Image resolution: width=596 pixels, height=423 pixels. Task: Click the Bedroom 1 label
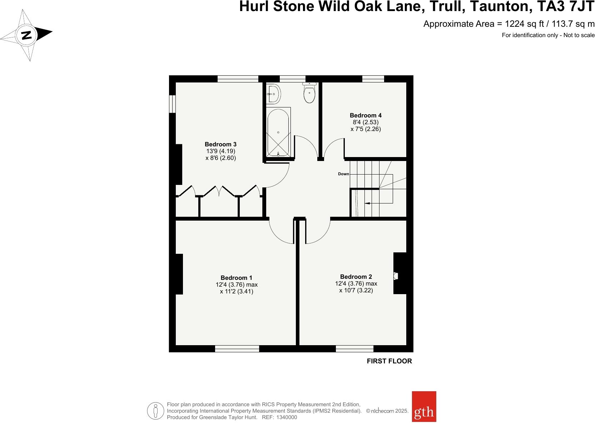[236, 278]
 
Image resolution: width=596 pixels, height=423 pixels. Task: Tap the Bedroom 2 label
[356, 277]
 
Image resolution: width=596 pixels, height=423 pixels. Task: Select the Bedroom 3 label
[220, 144]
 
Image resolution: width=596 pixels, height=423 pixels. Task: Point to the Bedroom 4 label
[366, 115]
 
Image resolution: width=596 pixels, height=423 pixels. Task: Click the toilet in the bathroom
[309, 94]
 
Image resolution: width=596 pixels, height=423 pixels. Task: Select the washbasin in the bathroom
[274, 94]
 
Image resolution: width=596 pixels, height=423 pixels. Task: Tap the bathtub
[278, 132]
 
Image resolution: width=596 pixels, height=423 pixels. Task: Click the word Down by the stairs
[343, 174]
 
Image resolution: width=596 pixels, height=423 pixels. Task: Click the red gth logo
[424, 406]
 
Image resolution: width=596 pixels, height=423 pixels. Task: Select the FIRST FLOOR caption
[389, 361]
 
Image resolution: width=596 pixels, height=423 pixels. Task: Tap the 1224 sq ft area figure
[522, 24]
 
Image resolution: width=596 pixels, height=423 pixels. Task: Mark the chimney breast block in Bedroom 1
[179, 274]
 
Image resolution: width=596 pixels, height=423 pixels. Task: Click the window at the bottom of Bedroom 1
[237, 348]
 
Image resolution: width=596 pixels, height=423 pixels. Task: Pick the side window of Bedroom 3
[172, 104]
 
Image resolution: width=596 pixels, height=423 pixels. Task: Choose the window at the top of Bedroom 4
[373, 79]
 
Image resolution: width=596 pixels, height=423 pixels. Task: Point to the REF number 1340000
[284, 417]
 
